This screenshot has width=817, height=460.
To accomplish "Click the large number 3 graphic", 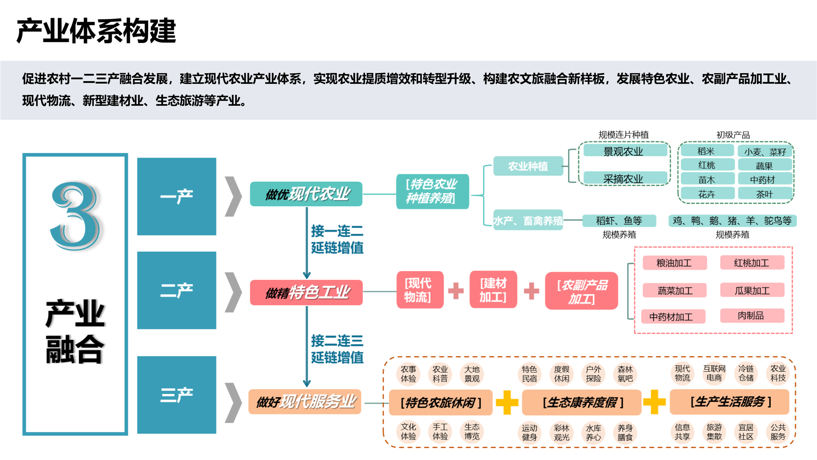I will click(75, 215).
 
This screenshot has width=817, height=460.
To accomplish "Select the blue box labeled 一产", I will click(176, 196).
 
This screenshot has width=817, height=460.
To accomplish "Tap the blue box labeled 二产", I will click(176, 290).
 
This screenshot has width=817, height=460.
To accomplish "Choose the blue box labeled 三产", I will click(176, 395).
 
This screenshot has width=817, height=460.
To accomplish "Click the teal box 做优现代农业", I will click(306, 194).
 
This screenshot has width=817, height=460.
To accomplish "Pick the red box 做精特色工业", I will click(306, 292).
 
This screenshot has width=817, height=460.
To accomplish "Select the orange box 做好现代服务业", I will click(305, 402).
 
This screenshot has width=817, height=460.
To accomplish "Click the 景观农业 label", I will click(623, 152).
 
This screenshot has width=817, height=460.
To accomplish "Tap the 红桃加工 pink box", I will click(752, 263).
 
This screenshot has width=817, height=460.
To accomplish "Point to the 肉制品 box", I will click(752, 315).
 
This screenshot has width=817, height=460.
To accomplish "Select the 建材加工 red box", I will click(493, 290).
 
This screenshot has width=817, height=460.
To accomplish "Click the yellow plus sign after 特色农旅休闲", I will click(507, 402).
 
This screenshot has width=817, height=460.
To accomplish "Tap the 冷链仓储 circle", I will click(746, 373).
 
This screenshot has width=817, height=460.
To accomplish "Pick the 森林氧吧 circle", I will click(625, 374).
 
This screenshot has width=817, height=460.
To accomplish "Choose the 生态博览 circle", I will click(472, 431).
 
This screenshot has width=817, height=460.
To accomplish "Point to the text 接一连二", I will click(337, 231).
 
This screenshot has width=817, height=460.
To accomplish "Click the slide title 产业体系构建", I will click(96, 31).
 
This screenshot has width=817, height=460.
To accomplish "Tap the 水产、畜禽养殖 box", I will click(528, 221).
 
